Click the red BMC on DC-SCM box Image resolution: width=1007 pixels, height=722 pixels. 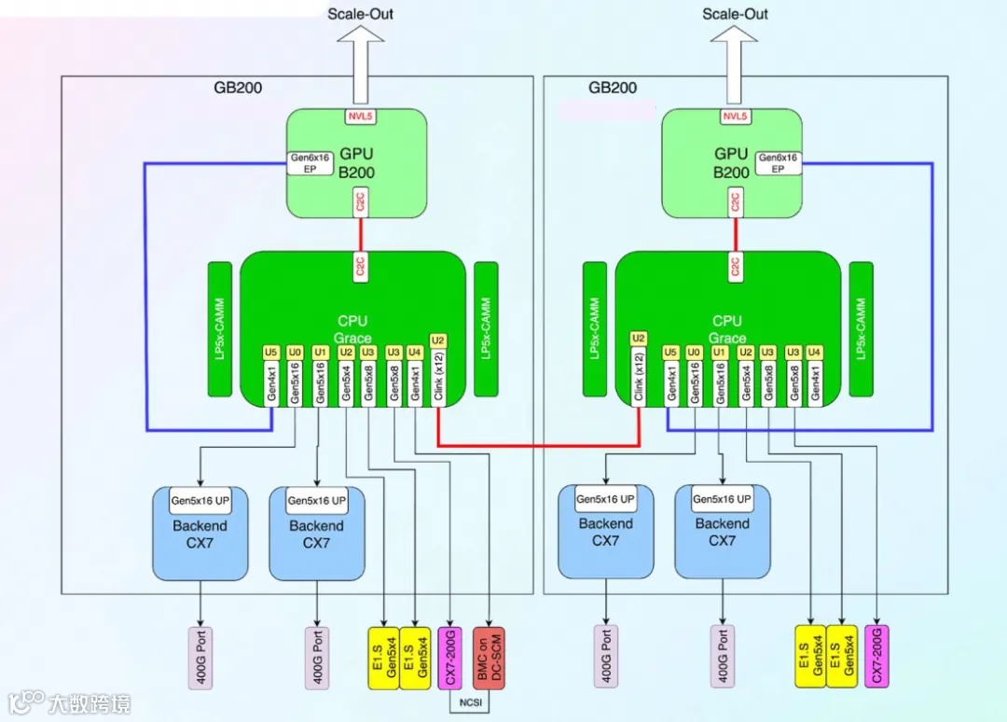[489, 659]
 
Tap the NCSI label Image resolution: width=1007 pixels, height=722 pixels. [471, 702]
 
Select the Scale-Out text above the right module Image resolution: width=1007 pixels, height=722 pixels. [735, 13]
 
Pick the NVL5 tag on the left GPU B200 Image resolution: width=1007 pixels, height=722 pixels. [360, 117]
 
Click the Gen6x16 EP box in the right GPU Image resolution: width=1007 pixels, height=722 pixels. [778, 163]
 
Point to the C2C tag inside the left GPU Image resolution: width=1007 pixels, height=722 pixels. [360, 201]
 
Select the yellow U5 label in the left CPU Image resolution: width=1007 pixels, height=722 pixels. [271, 352]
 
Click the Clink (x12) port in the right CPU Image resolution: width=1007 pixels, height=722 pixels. [639, 377]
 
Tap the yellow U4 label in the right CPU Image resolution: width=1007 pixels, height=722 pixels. [814, 352]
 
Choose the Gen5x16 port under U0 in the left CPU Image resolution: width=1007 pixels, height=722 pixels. [295, 383]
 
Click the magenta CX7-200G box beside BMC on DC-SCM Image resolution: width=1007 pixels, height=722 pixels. [449, 659]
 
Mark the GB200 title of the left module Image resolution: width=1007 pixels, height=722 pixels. [238, 88]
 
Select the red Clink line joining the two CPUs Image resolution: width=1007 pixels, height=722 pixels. [538, 444]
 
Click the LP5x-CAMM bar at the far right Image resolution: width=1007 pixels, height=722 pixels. [861, 329]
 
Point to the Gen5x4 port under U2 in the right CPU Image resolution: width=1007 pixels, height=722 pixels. [746, 383]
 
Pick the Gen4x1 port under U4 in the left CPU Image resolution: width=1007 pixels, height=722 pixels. [415, 383]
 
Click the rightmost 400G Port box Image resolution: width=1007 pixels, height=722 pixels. [723, 657]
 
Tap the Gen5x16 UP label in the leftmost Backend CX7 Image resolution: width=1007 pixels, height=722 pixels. [200, 500]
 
